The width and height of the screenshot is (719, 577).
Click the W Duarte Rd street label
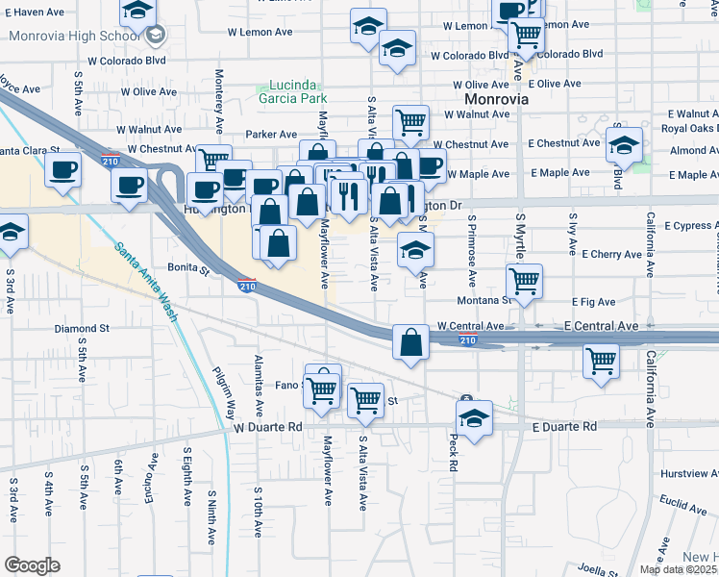pyautogui.click(x=268, y=426)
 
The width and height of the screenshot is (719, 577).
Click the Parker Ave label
pyautogui.click(x=271, y=135)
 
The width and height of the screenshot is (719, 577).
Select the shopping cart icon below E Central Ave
pyautogui.click(x=601, y=361)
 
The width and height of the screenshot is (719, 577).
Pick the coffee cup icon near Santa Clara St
pyautogui.click(x=63, y=170)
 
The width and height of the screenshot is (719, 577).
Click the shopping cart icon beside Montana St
pyautogui.click(x=524, y=281)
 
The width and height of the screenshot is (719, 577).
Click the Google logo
pyautogui.click(x=32, y=565)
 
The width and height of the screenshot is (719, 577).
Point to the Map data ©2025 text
pyautogui.click(x=678, y=569)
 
